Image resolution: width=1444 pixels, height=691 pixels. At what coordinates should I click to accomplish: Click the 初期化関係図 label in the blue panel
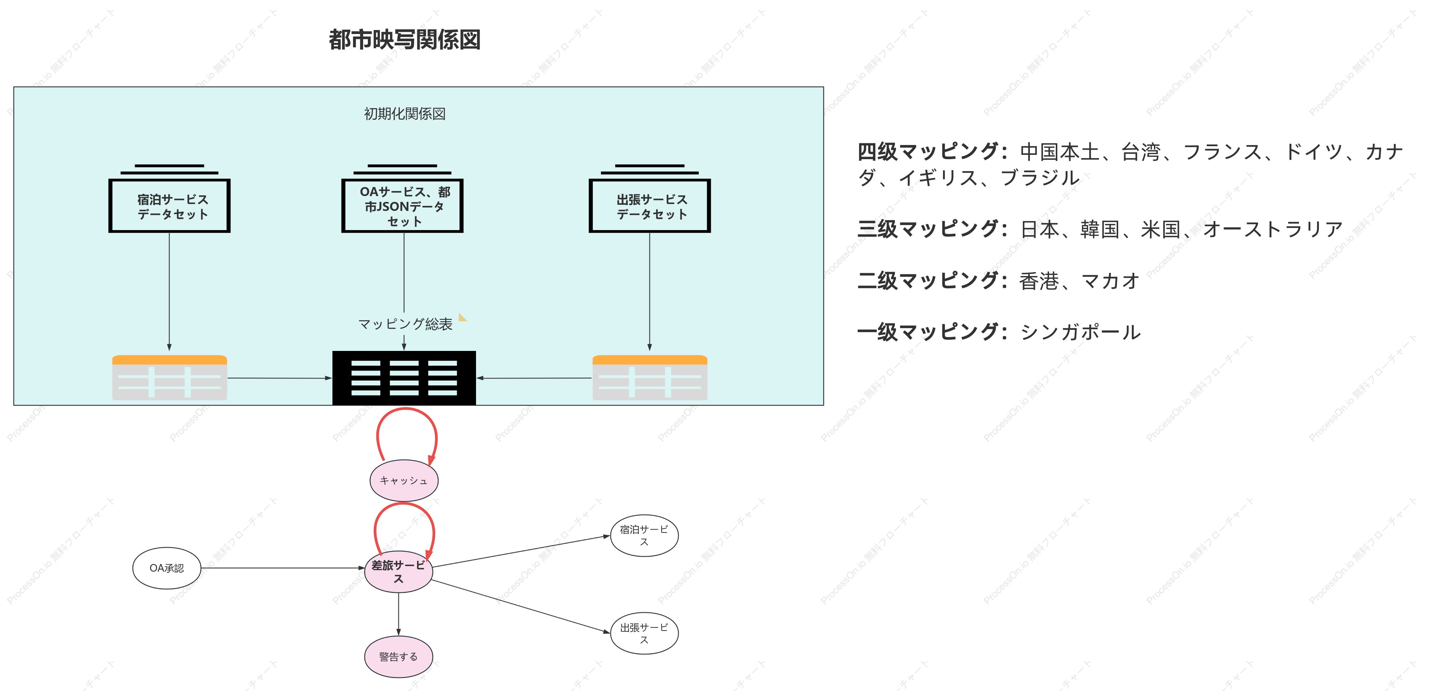pyautogui.click(x=405, y=114)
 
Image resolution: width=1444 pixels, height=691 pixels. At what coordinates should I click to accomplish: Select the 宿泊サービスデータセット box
pyautogui.click(x=169, y=206)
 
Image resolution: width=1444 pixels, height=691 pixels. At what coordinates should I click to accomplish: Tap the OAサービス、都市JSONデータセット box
pyautogui.click(x=403, y=206)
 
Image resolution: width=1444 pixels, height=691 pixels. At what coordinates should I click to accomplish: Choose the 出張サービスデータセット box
pyautogui.click(x=650, y=206)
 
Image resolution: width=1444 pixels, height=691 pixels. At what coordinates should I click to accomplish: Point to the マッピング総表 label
pyautogui.click(x=405, y=324)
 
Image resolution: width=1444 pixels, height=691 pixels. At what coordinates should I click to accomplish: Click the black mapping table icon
pyautogui.click(x=404, y=378)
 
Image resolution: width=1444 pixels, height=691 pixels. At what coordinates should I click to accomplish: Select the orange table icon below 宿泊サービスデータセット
pyautogui.click(x=169, y=377)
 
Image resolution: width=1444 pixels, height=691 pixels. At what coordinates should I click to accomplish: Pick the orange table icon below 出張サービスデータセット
pyautogui.click(x=650, y=377)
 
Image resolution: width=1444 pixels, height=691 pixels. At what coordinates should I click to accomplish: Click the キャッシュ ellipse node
pyautogui.click(x=404, y=480)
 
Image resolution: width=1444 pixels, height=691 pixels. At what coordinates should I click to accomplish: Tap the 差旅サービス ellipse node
pyautogui.click(x=399, y=572)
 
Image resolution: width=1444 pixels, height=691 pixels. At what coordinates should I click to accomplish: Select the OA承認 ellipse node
pyautogui.click(x=166, y=568)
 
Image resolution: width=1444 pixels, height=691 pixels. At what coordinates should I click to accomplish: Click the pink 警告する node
pyautogui.click(x=399, y=657)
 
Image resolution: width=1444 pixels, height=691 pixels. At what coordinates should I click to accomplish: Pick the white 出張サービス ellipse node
pyautogui.click(x=644, y=633)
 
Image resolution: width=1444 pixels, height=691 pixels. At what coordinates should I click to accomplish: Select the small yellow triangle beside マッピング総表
pyautogui.click(x=462, y=317)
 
